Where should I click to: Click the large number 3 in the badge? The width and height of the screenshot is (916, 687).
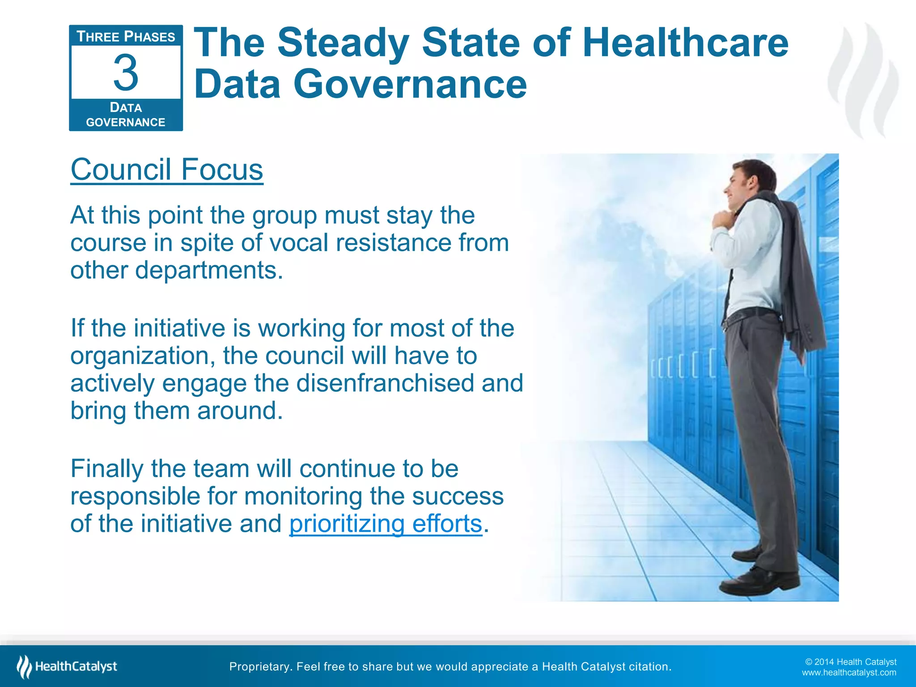[x=126, y=72]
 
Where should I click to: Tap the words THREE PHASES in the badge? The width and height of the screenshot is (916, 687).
[x=126, y=37]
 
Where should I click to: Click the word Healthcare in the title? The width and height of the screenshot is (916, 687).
[x=685, y=43]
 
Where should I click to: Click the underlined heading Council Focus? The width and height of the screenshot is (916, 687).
[x=167, y=170]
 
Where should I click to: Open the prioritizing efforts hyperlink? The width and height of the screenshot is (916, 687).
[x=386, y=523]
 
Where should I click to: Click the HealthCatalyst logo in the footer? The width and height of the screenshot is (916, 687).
[x=67, y=666]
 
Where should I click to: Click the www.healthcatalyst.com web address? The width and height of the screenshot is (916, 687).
[x=848, y=673]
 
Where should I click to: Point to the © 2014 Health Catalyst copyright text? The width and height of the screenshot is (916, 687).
[x=850, y=662]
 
